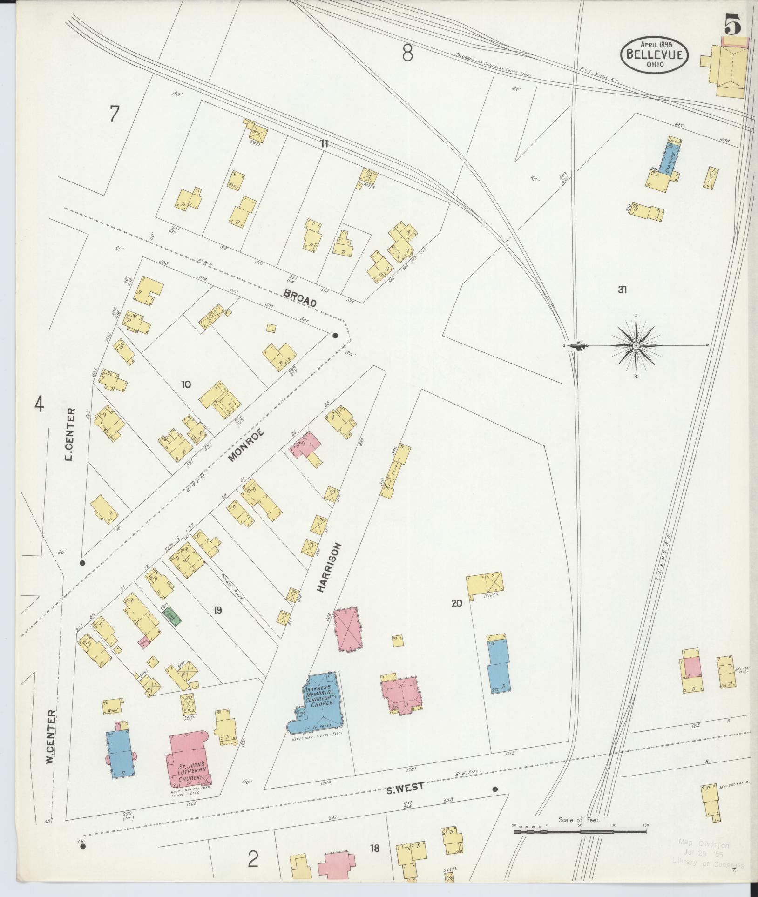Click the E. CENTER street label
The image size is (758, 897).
point(70,435)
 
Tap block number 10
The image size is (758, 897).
point(186,384)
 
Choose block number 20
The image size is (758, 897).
point(456,603)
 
